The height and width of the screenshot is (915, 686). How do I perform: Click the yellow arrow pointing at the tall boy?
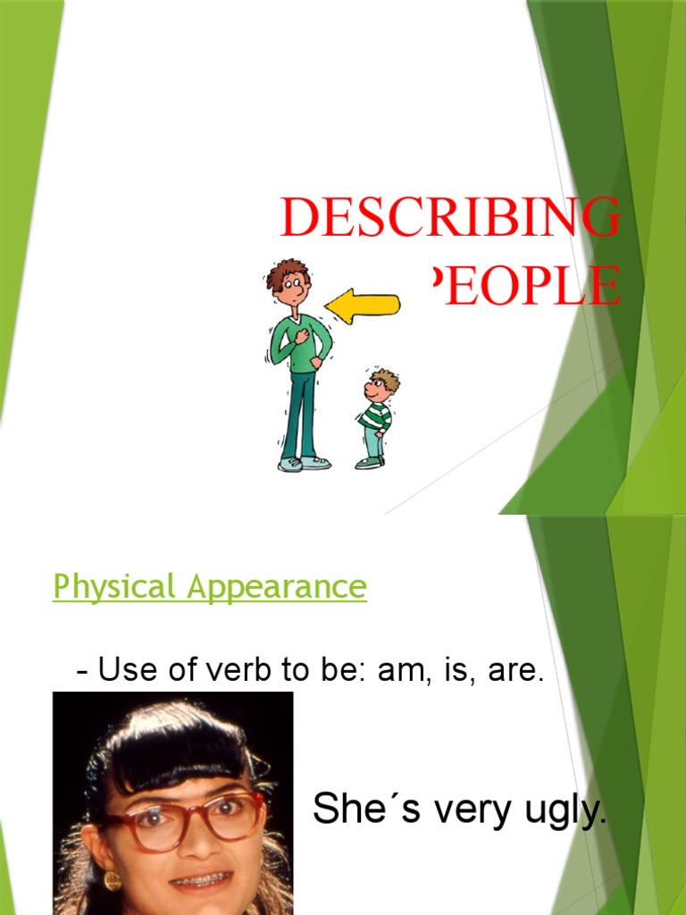[x=362, y=306]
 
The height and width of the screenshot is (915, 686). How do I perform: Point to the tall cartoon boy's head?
[x=289, y=281]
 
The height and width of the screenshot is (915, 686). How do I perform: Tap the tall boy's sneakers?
[x=304, y=463]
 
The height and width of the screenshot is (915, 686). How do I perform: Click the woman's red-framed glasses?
[x=188, y=817]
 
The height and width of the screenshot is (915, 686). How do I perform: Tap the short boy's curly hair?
[x=386, y=378]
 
